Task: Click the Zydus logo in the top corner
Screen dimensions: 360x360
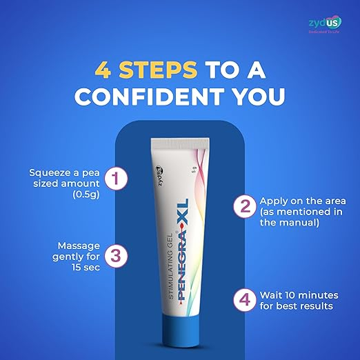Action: tap(325, 24)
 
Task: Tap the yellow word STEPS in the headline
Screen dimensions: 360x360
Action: tap(158, 70)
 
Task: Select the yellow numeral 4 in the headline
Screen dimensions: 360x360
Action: tap(103, 70)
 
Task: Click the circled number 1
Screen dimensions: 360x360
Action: tap(116, 179)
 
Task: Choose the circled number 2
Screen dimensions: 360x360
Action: tap(245, 206)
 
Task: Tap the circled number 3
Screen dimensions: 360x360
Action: tap(116, 256)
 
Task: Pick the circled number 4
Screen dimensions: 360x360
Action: tap(245, 300)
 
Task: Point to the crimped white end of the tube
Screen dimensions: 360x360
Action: tap(180, 142)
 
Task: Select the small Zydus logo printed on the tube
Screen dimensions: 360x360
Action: tap(159, 176)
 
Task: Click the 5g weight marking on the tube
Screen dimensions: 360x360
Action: tap(194, 170)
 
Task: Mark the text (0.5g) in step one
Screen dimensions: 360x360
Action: tap(86, 194)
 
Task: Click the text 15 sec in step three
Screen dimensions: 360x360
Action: tap(86, 267)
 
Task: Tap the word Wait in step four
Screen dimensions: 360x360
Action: tap(270, 295)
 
